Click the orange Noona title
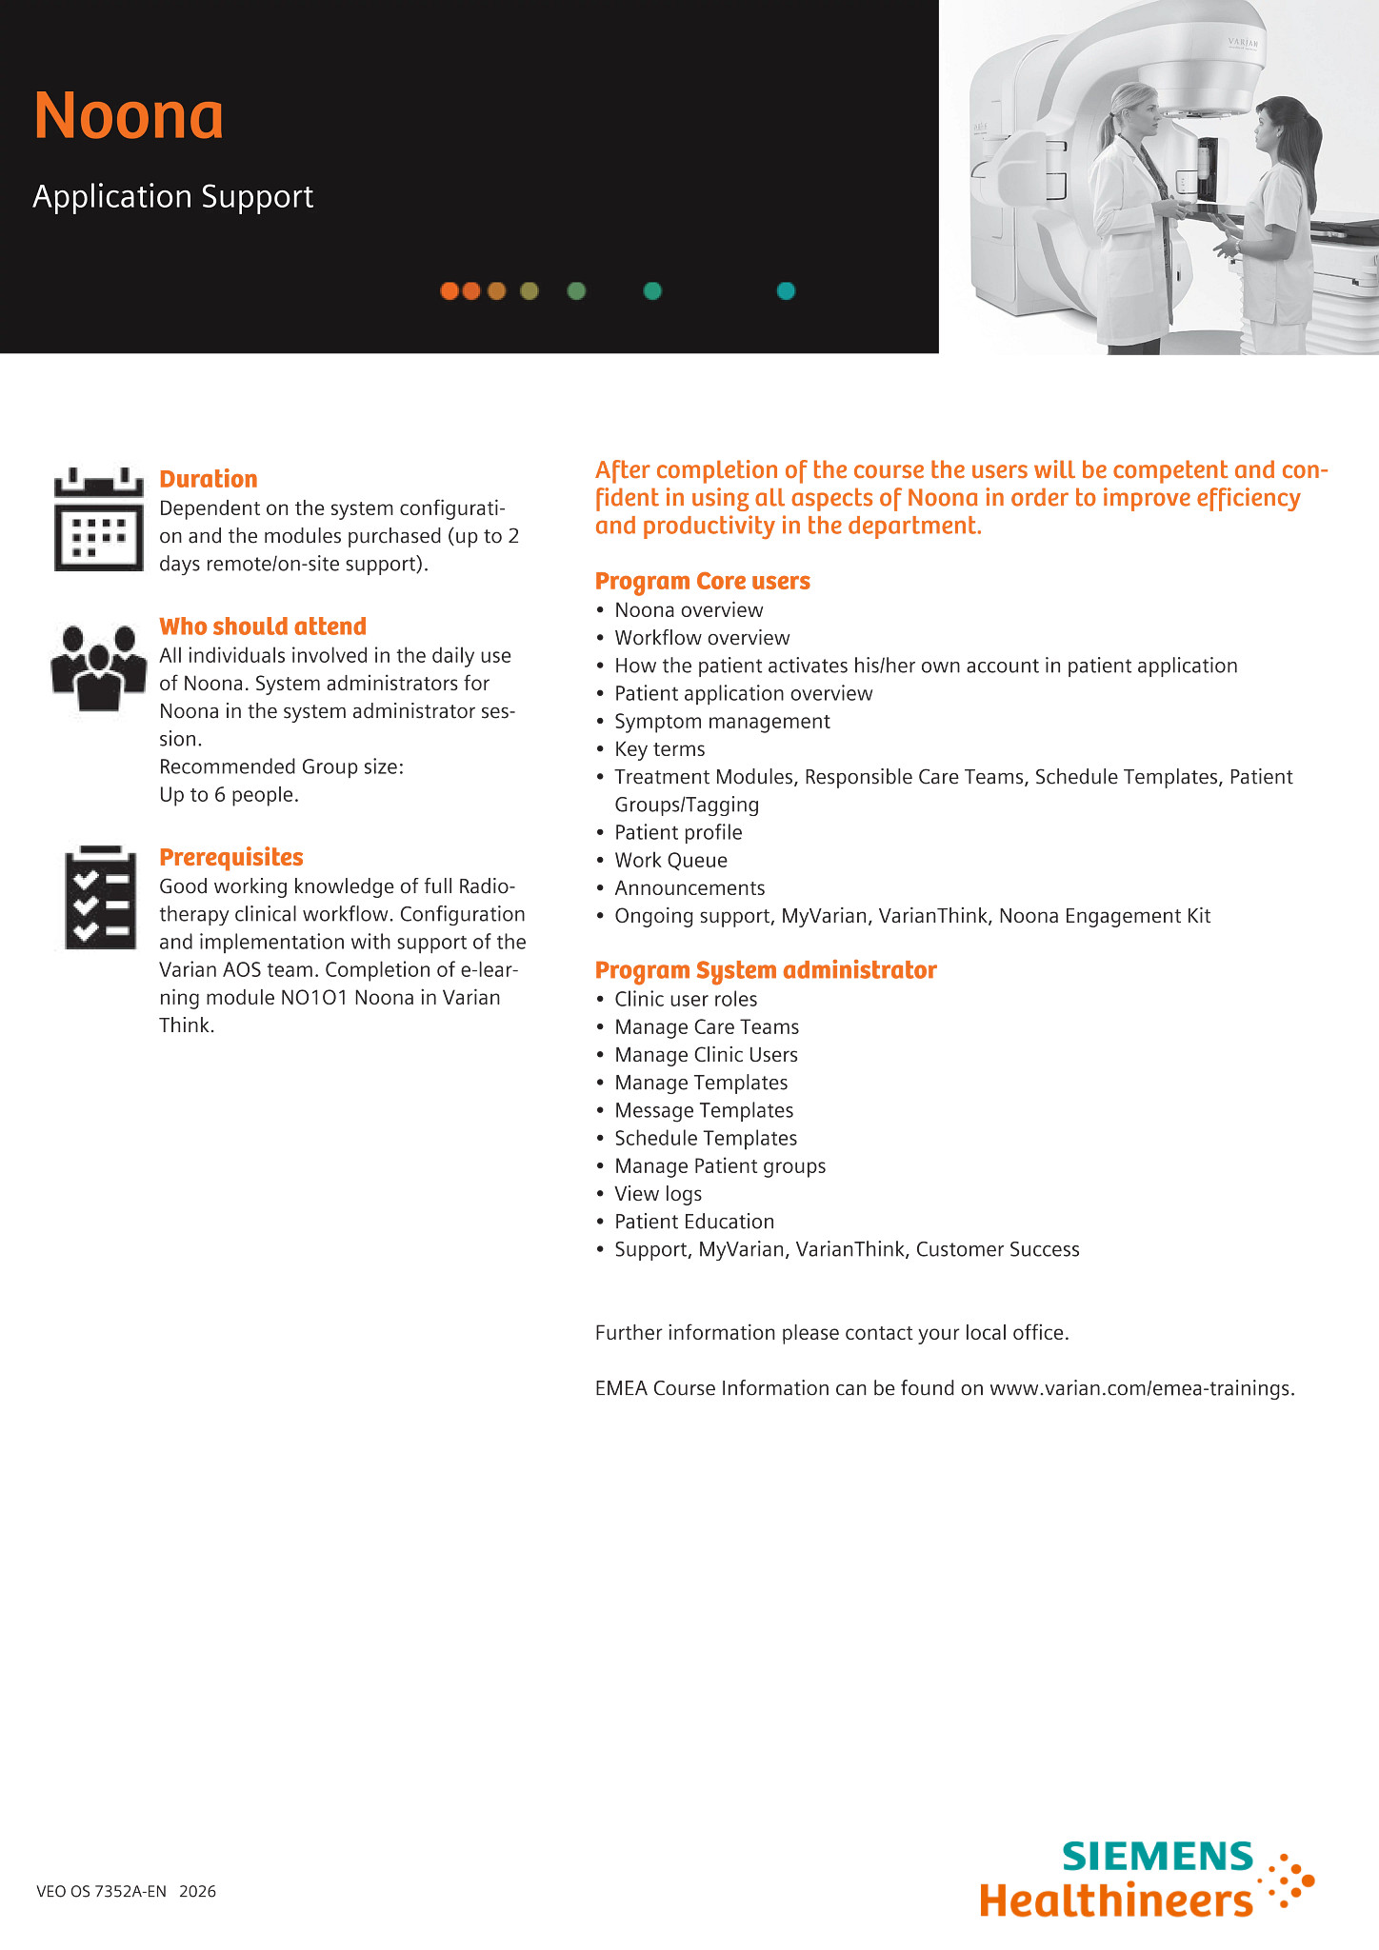(x=129, y=116)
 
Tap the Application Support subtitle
(x=173, y=197)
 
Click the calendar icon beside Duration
(x=99, y=520)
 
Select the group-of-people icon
(x=98, y=667)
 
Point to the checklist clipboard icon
(x=99, y=898)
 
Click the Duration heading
(x=209, y=479)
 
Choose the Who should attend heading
(x=263, y=627)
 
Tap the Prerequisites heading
(x=231, y=858)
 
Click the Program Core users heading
(x=703, y=582)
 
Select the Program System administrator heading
(x=766, y=970)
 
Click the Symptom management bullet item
(x=722, y=722)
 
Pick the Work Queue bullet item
(x=670, y=861)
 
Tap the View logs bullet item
(x=658, y=1194)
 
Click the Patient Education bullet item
(x=694, y=1222)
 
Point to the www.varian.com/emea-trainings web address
(x=1141, y=1388)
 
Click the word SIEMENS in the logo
(x=1157, y=1857)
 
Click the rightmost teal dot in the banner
(x=786, y=291)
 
